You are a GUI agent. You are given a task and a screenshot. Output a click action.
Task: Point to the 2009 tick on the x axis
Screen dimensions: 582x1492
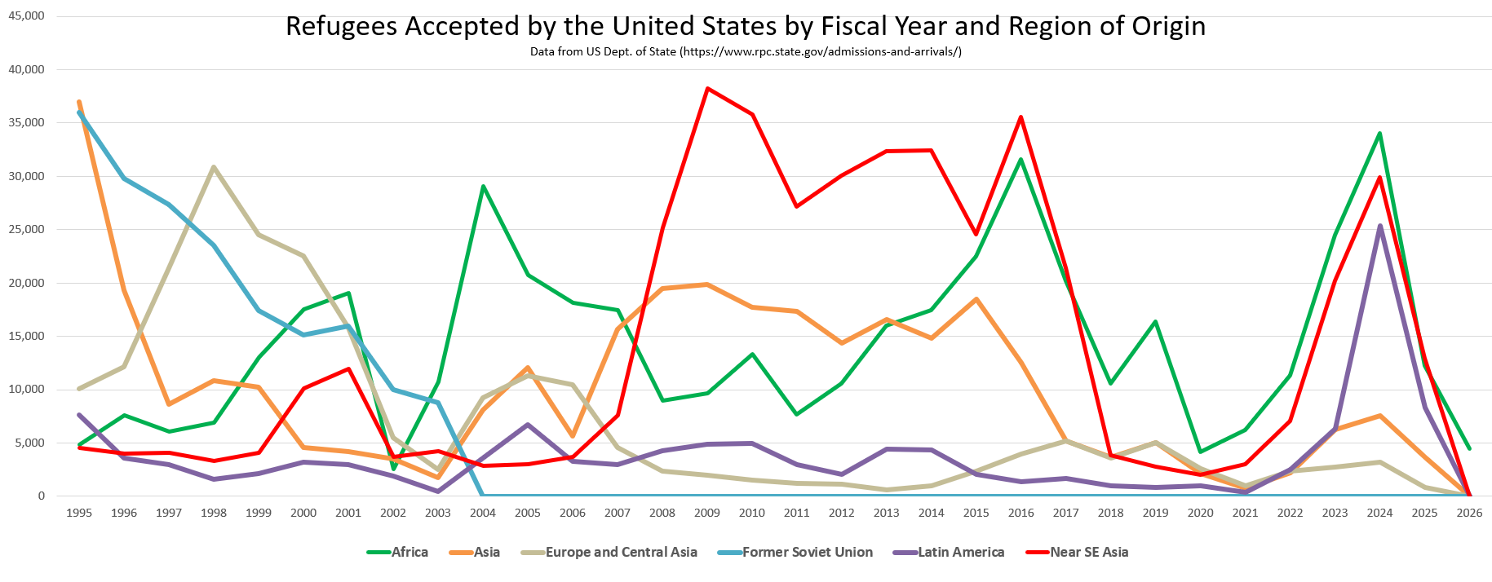pyautogui.click(x=706, y=513)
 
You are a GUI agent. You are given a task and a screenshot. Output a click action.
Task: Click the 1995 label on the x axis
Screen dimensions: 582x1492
pyautogui.click(x=78, y=513)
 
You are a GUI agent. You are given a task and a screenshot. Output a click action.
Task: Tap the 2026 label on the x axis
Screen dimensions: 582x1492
pyautogui.click(x=1469, y=513)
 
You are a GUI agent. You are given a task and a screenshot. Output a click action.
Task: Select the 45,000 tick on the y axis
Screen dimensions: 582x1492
pyautogui.click(x=26, y=16)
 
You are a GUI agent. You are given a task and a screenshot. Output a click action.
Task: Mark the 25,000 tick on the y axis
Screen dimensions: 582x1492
pyautogui.click(x=26, y=229)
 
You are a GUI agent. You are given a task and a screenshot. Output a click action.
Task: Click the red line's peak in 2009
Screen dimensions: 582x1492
pyautogui.click(x=707, y=88)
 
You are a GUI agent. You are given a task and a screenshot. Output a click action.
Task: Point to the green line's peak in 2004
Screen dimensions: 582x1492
pyautogui.click(x=483, y=186)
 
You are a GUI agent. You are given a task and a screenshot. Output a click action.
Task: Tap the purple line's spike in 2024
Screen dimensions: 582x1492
pyautogui.click(x=1379, y=226)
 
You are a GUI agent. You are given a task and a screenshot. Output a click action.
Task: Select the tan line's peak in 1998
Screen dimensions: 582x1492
pyautogui.click(x=214, y=167)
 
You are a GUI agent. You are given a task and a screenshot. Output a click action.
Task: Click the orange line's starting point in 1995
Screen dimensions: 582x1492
pyautogui.click(x=78, y=102)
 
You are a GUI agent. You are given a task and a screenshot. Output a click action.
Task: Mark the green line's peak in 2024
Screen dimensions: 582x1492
pyautogui.click(x=1379, y=133)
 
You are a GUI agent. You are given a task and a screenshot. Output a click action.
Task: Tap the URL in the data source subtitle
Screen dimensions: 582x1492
pyautogui.click(x=821, y=51)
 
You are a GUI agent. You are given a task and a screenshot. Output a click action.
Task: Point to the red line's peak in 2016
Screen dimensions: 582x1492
pyautogui.click(x=1020, y=117)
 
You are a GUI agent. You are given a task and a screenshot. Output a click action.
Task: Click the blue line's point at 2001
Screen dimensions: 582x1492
pyautogui.click(x=348, y=326)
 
